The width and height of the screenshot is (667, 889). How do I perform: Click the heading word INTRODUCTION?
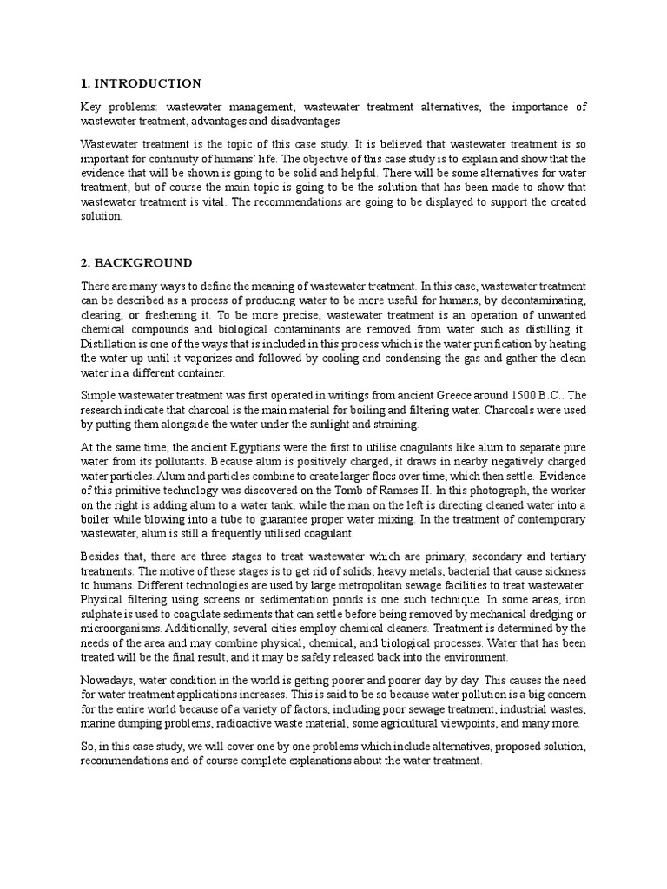tap(149, 83)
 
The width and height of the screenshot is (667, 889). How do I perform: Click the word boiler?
tap(101, 518)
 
